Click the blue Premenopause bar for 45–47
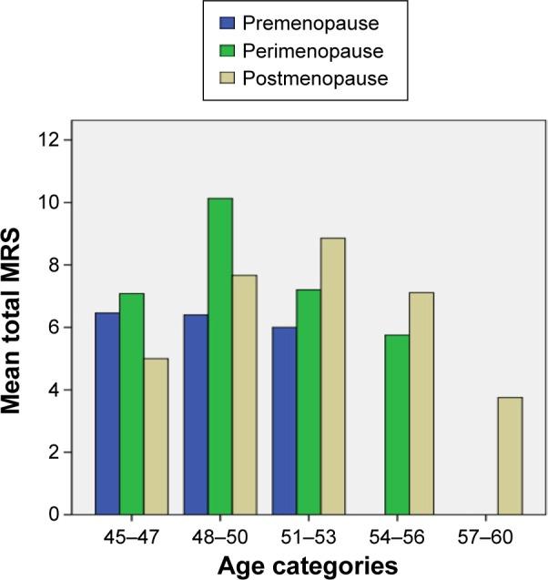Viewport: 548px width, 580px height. tap(107, 414)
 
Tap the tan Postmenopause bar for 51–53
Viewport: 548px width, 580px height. tap(332, 376)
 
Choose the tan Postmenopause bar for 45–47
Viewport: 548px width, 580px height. tap(156, 436)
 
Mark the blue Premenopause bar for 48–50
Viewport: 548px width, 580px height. tap(195, 415)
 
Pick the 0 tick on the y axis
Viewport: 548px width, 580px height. tap(55, 515)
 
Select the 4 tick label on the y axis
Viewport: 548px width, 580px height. tap(55, 391)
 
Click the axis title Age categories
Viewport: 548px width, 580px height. tap(299, 565)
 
